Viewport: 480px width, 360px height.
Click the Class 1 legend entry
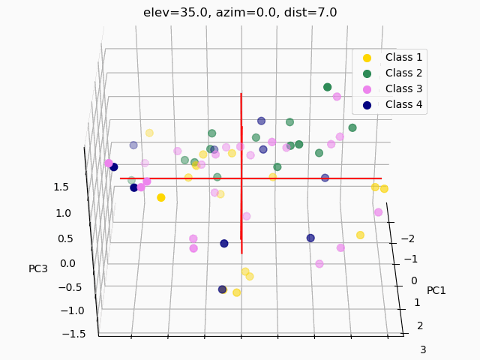403,57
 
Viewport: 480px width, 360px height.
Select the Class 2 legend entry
403,73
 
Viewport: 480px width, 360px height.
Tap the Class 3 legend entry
403,88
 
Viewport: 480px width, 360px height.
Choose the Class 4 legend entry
403,104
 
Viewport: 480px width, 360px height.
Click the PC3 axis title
38,268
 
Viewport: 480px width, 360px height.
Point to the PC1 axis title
436,290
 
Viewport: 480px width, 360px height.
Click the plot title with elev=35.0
240,12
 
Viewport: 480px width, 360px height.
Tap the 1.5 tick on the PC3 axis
62,187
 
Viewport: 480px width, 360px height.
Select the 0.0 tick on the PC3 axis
67,262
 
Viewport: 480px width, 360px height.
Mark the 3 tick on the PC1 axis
423,349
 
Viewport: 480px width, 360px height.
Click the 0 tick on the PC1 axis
413,280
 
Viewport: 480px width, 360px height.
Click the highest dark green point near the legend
327,87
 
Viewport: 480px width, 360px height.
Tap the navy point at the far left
114,167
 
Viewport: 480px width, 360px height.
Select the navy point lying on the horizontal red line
325,178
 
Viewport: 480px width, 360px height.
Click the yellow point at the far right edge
384,189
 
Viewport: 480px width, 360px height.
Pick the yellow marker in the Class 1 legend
367,58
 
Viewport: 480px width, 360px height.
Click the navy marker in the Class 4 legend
367,105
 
